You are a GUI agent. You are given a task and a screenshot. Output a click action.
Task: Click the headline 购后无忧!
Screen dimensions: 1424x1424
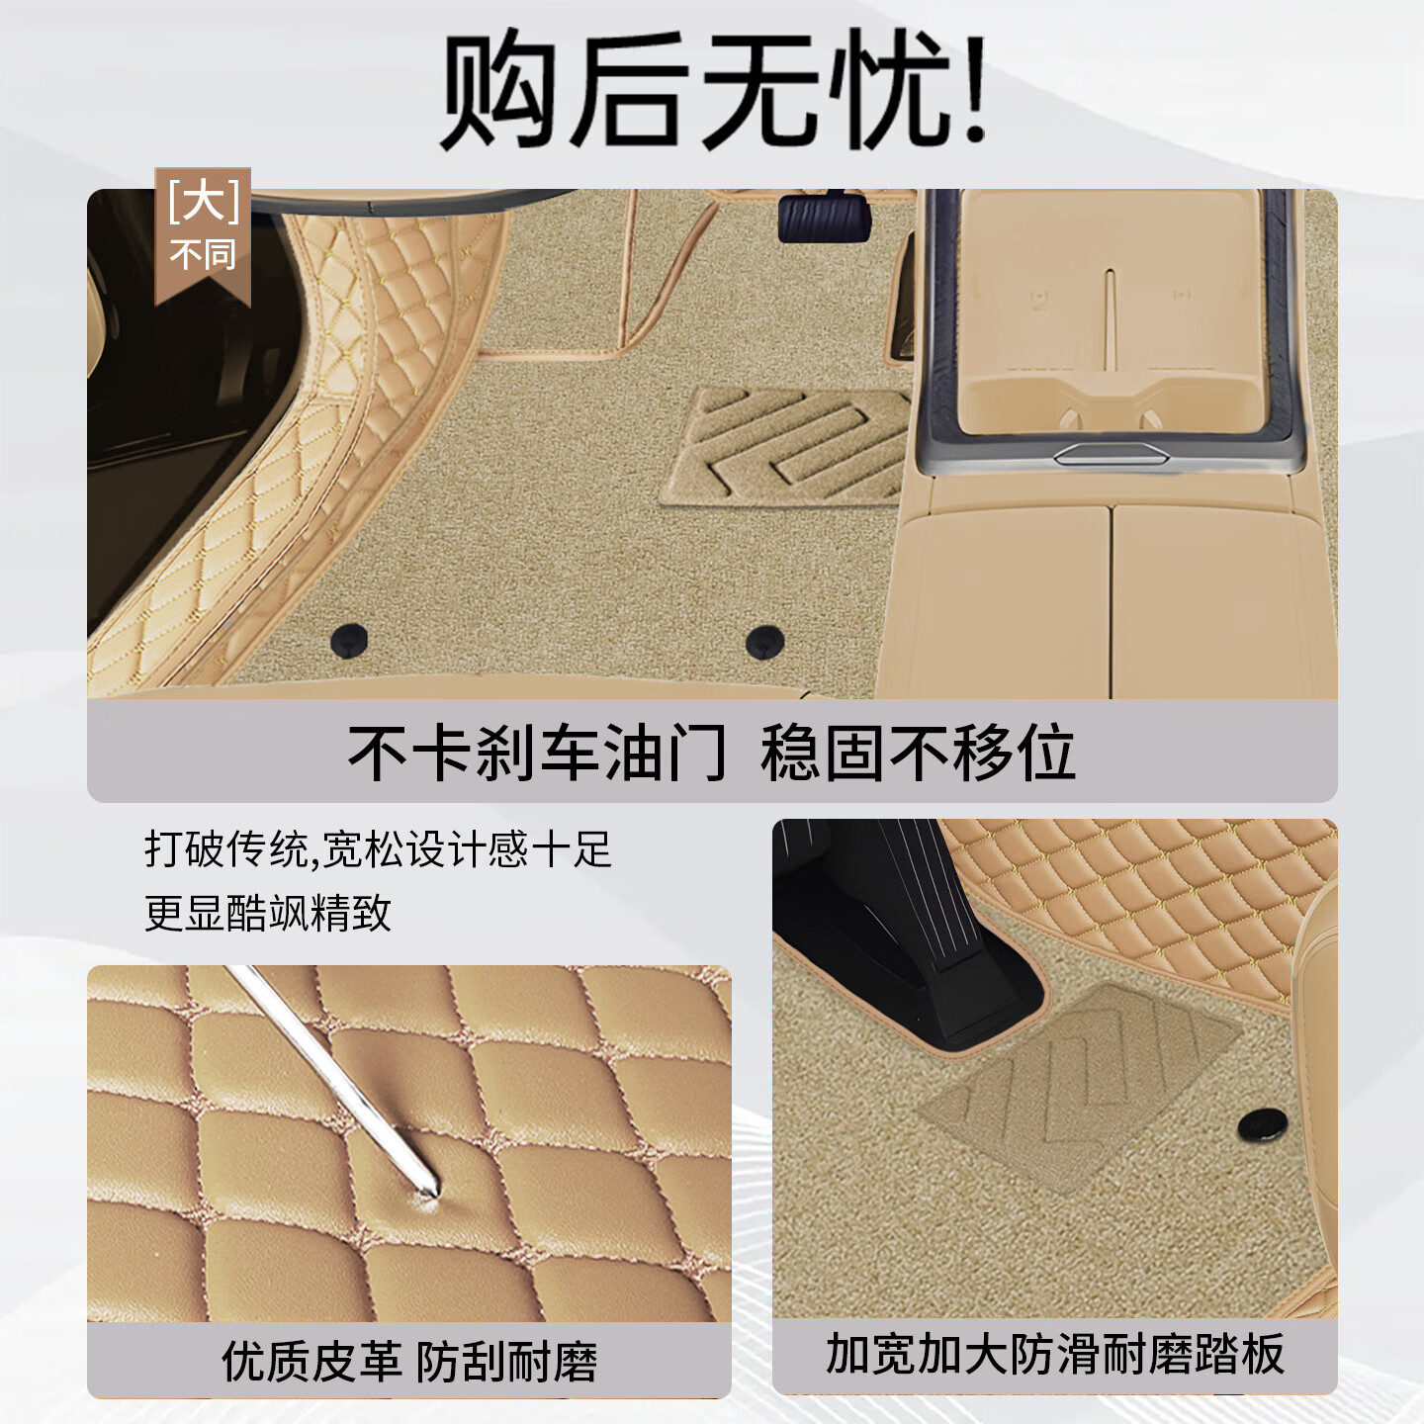click(712, 91)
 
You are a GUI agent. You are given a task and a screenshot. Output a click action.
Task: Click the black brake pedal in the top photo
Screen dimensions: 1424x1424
click(824, 218)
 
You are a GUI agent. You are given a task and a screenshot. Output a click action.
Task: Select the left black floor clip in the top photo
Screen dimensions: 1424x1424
click(349, 640)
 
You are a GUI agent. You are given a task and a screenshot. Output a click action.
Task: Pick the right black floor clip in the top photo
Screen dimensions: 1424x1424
click(764, 641)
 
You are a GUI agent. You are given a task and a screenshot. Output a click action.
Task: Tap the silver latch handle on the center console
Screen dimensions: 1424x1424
click(1111, 454)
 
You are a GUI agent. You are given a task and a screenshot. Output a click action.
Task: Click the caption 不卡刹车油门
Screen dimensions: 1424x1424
click(536, 754)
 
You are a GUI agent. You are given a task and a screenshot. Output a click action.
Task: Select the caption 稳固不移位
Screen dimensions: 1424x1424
click(918, 754)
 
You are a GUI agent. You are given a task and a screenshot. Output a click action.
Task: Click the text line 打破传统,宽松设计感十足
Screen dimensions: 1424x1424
click(379, 849)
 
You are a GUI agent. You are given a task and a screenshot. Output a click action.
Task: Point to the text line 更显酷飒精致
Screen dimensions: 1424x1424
click(268, 913)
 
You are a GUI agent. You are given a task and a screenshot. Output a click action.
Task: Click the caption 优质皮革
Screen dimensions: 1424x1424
click(311, 1362)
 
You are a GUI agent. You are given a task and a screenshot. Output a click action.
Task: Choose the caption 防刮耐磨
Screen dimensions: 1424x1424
click(507, 1362)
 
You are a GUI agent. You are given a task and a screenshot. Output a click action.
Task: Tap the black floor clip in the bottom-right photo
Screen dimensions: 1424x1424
click(1263, 1123)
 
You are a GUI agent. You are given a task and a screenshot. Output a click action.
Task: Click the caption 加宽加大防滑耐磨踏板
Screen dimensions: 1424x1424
click(1055, 1354)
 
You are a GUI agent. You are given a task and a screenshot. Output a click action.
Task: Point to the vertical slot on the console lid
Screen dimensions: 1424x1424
click(1111, 316)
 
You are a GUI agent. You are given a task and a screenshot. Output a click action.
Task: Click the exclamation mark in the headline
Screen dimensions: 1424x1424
click(974, 91)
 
